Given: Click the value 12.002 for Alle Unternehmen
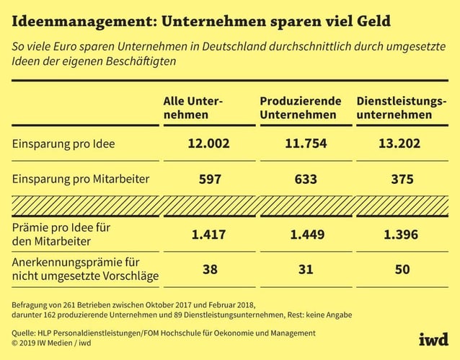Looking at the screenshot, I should tap(208, 144).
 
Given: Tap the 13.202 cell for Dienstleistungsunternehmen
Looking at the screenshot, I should tap(399, 144).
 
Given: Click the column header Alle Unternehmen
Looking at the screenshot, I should tap(193, 107).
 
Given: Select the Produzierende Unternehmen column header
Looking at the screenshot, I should tap(298, 107).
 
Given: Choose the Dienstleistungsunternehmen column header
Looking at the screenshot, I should tap(401, 107).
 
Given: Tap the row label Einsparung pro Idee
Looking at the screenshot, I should tap(63, 144).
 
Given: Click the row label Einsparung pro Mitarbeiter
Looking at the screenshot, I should tap(79, 179).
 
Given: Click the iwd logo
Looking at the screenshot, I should tap(433, 339).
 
